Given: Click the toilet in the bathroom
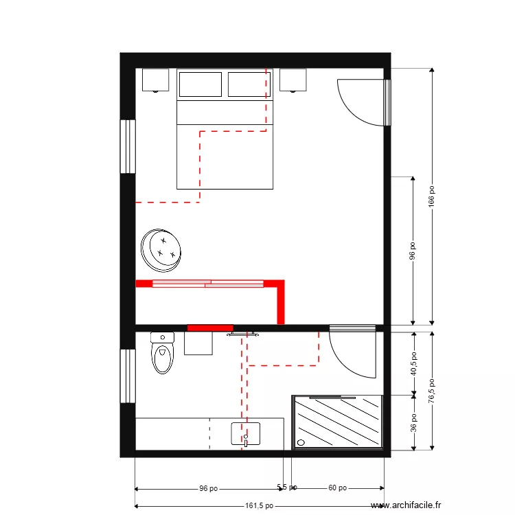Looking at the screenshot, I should pyautogui.click(x=162, y=354).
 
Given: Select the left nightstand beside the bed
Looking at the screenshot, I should pyautogui.click(x=156, y=80).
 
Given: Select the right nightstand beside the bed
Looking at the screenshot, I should pyautogui.click(x=293, y=80).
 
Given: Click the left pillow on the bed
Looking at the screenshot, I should pyautogui.click(x=200, y=84).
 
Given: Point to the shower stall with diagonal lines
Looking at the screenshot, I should pyautogui.click(x=338, y=422).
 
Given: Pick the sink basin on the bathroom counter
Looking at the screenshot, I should pyautogui.click(x=246, y=434).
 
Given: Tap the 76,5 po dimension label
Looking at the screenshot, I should pyautogui.click(x=431, y=392).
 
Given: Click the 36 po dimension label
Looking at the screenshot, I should pyautogui.click(x=413, y=422).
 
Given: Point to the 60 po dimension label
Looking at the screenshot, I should pyautogui.click(x=337, y=488).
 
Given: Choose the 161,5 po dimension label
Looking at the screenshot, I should pyautogui.click(x=259, y=506).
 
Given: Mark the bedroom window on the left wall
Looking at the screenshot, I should pyautogui.click(x=128, y=147).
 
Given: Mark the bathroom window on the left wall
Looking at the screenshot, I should pyautogui.click(x=128, y=376).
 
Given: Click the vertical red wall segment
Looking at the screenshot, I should pyautogui.click(x=280, y=302).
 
